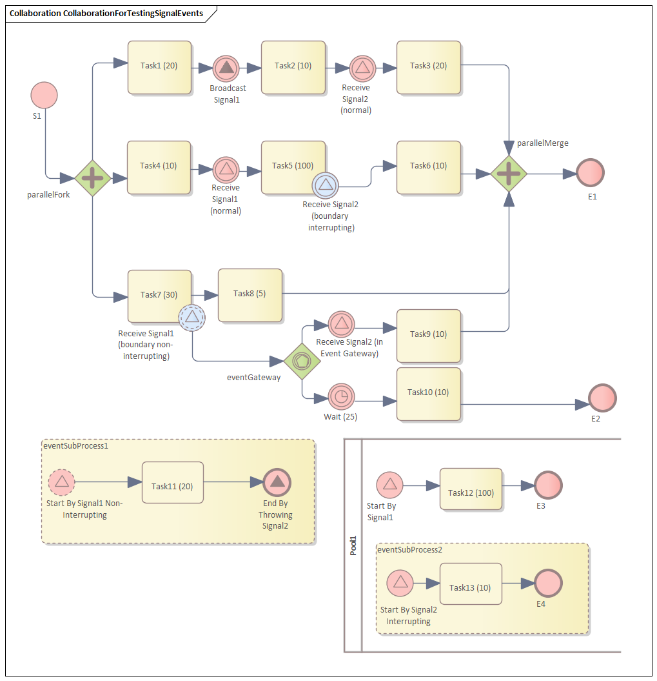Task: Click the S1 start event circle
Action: click(x=44, y=95)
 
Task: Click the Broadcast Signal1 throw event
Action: click(x=226, y=68)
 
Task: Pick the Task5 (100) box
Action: click(x=293, y=167)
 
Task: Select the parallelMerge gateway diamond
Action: click(x=509, y=174)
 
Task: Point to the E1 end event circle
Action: click(x=590, y=174)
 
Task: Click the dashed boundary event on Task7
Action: click(x=191, y=318)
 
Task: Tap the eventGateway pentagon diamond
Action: click(x=302, y=361)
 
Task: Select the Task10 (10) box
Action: click(x=429, y=394)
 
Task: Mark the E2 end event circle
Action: click(x=602, y=398)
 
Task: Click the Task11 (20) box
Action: click(x=172, y=482)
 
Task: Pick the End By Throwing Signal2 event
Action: click(x=277, y=482)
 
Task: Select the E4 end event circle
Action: click(x=548, y=583)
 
